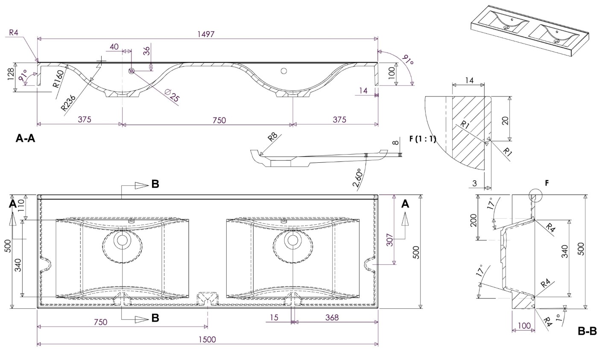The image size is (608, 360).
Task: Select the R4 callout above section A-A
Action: point(14,32)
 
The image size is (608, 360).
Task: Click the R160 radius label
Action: point(58,79)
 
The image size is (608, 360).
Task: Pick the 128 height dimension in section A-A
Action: point(11,76)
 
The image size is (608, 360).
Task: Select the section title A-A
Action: point(25,138)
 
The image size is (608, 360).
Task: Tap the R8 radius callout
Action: point(272,137)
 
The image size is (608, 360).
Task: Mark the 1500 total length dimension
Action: point(207,340)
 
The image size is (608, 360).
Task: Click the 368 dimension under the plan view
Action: point(332,317)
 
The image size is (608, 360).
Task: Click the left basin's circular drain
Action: point(123,240)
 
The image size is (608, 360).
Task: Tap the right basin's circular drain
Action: point(292,240)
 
